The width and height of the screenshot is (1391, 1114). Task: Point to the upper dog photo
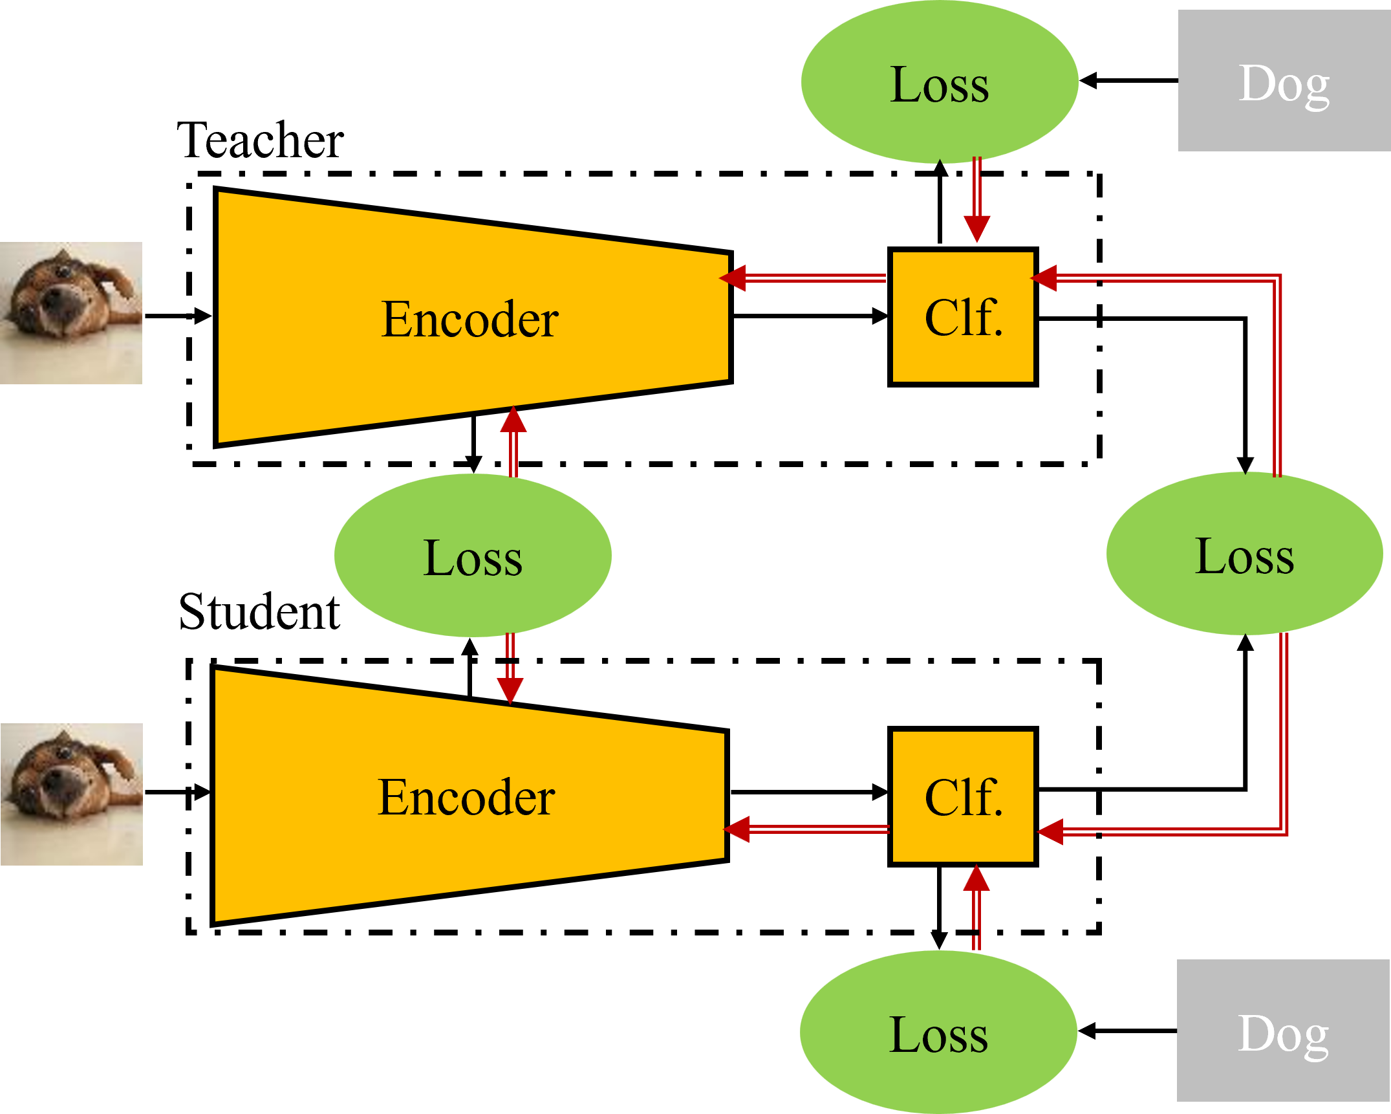(71, 313)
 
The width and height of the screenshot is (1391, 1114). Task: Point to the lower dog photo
(72, 794)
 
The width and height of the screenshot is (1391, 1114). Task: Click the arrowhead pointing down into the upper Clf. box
(976, 229)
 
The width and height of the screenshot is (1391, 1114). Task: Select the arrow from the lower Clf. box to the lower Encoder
(808, 829)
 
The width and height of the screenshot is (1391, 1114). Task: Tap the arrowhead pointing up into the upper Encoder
(513, 420)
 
